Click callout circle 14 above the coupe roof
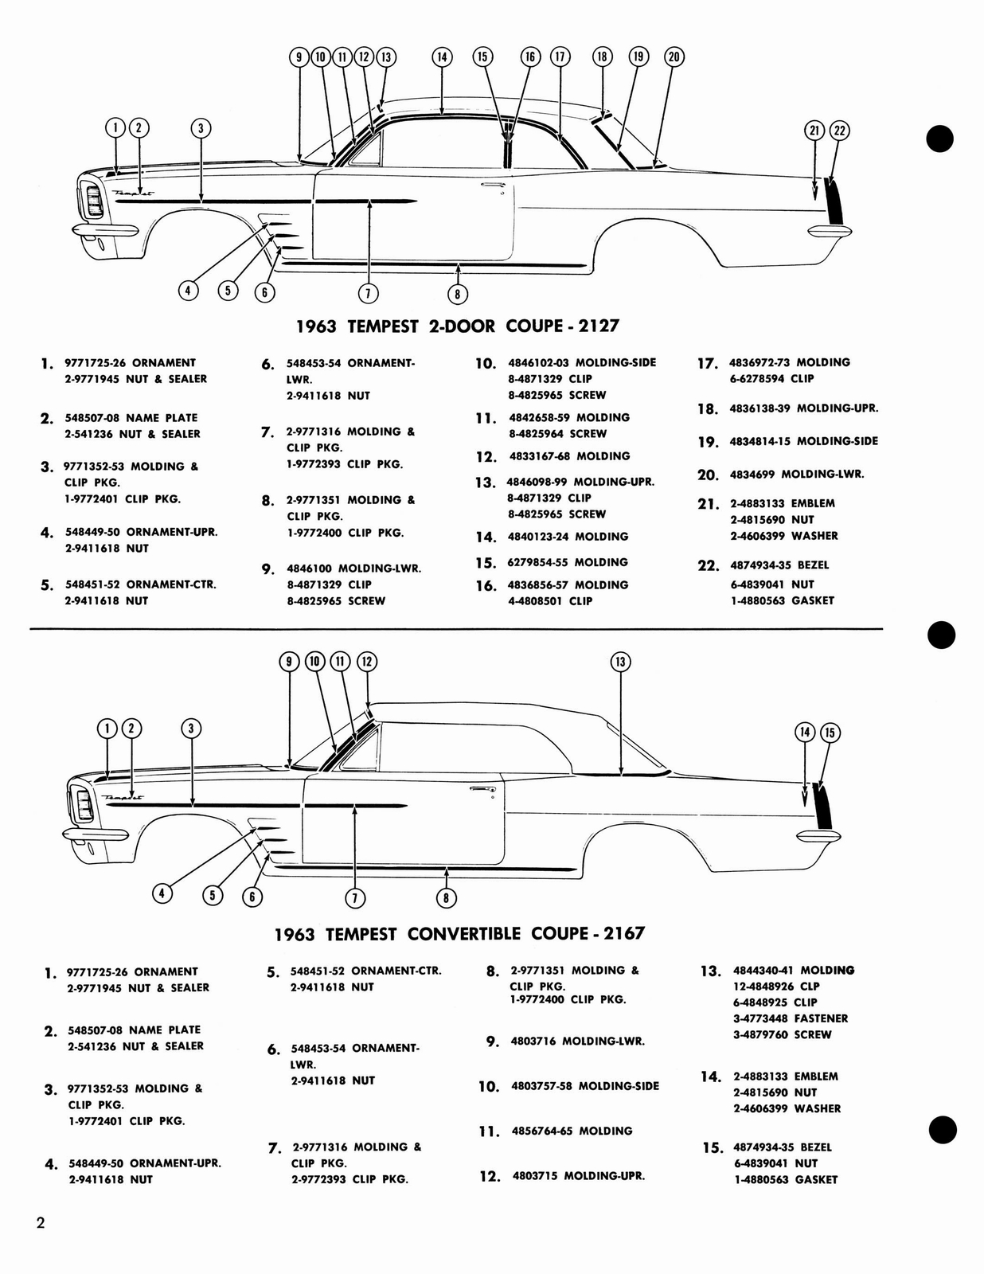tap(442, 57)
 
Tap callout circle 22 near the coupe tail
tap(839, 131)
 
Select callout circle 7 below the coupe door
tap(368, 293)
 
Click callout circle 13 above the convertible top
tap(621, 662)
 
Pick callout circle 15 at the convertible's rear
tap(830, 733)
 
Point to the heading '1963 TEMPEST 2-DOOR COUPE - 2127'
tap(457, 326)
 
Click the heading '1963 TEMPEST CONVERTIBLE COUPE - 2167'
tap(459, 934)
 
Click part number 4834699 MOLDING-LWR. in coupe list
tap(796, 475)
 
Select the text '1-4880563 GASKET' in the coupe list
tap(782, 601)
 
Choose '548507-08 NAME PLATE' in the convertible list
tap(134, 1030)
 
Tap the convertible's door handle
tap(481, 789)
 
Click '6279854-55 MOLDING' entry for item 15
tap(567, 563)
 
